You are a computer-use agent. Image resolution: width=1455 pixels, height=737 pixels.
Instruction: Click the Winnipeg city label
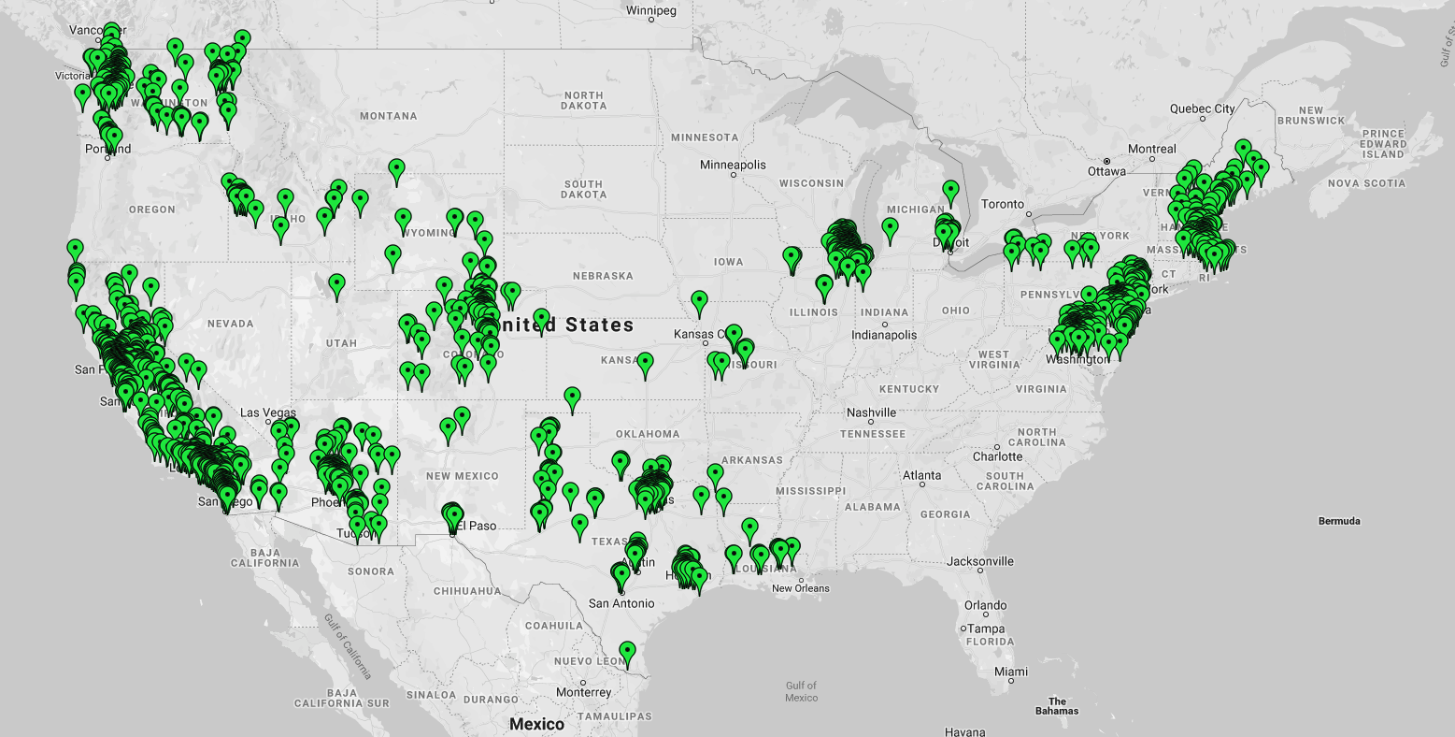click(x=651, y=11)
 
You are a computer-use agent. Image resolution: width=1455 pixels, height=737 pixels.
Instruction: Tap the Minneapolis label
click(x=733, y=166)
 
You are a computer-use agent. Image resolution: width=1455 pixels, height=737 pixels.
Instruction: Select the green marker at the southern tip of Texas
click(x=627, y=651)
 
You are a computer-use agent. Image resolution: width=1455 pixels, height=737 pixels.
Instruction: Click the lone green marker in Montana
click(x=397, y=170)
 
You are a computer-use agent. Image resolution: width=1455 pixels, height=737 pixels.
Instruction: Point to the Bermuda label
click(x=1339, y=521)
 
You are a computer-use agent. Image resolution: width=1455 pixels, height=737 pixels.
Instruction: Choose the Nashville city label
click(x=871, y=412)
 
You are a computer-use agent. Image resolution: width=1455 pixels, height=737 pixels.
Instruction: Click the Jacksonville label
click(x=979, y=561)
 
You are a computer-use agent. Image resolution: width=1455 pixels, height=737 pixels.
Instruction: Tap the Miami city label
click(x=1010, y=672)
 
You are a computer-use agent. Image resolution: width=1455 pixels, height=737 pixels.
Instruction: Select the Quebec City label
click(x=1202, y=108)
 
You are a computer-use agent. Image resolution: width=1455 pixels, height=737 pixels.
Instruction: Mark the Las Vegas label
click(x=268, y=412)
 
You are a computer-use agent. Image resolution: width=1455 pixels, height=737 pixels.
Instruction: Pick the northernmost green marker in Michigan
click(x=950, y=191)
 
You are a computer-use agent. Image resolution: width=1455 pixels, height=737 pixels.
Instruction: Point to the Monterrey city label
click(x=584, y=692)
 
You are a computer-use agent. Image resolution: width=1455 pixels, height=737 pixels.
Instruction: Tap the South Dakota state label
click(x=583, y=189)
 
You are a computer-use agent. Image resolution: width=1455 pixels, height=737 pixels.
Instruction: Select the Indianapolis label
click(x=884, y=335)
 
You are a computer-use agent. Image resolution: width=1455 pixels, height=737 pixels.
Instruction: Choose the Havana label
click(x=964, y=731)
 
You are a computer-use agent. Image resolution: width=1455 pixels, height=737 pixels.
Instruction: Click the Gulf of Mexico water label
click(x=801, y=691)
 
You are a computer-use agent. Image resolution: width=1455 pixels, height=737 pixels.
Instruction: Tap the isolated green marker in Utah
click(x=337, y=284)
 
